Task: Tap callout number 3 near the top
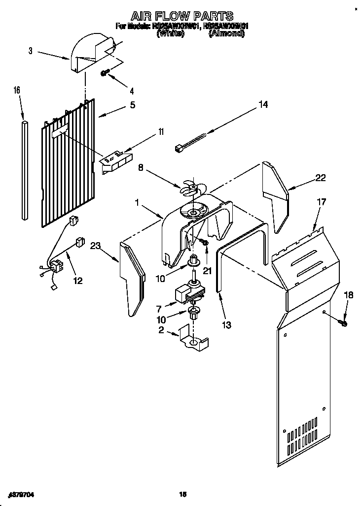pos(31,51)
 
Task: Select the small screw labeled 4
pos(105,73)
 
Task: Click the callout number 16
pos(17,90)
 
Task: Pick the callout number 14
pos(263,105)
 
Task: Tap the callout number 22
pos(321,178)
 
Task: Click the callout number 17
pos(322,202)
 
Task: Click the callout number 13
pos(227,324)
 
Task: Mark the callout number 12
pos(77,281)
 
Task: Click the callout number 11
pos(161,131)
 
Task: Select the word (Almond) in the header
pos(226,34)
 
